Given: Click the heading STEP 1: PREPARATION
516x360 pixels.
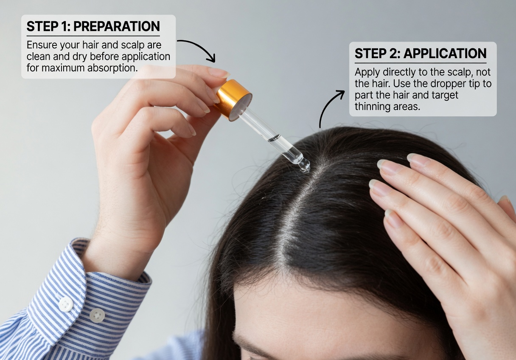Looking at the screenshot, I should [x=93, y=26].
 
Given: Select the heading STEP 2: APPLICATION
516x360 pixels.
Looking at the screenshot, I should [x=420, y=53].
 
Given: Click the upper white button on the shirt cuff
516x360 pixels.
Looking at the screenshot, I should [x=65, y=304].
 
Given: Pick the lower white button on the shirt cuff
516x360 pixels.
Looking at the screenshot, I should [x=97, y=315].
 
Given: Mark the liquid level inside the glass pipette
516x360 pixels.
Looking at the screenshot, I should [x=275, y=138].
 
